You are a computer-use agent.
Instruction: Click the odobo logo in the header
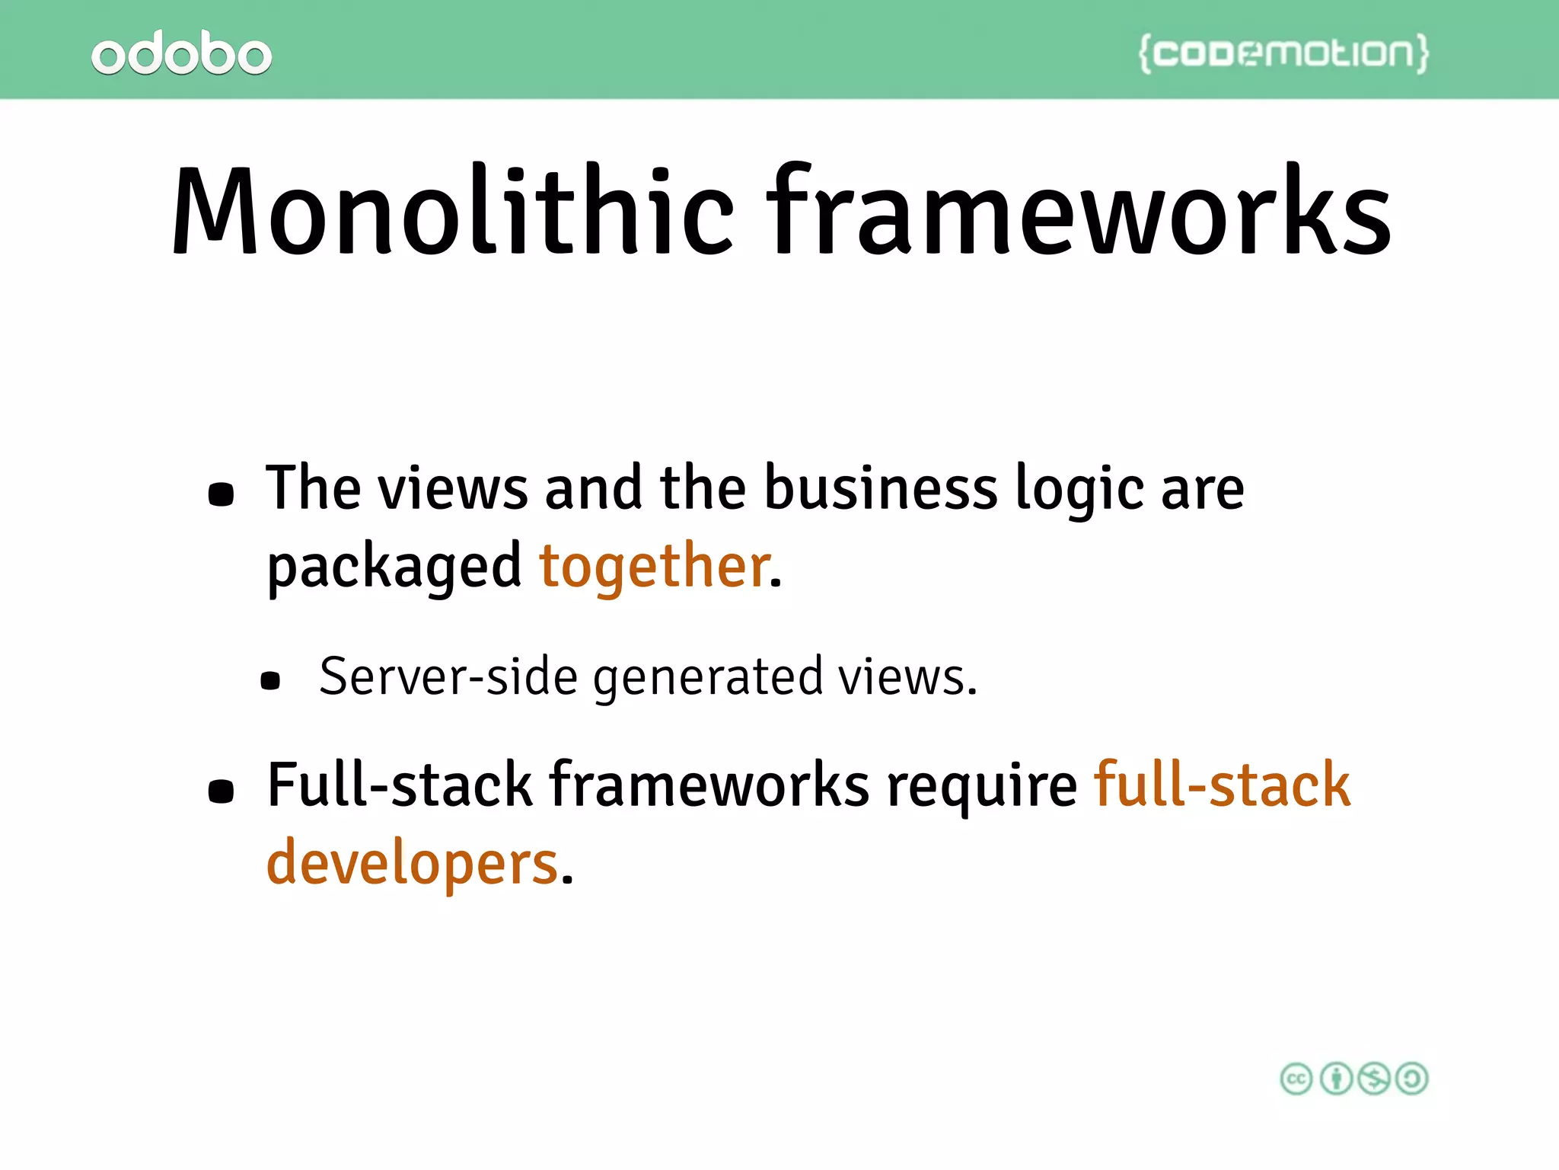pos(181,53)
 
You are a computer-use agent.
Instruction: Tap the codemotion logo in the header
pos(1283,53)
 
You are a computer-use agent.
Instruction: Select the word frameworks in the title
pos(1079,211)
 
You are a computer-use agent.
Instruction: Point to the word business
pos(880,488)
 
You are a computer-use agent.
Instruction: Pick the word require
pos(982,786)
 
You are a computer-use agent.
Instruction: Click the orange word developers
pos(413,865)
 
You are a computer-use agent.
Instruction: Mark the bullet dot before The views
pos(221,494)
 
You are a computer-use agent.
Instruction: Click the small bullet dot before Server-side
pos(270,680)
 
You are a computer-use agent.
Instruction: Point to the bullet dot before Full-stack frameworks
pos(221,791)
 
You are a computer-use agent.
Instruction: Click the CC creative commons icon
pos(1296,1079)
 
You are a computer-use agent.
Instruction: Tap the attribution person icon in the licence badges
pos(1335,1079)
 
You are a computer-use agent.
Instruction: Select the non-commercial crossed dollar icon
pos(1374,1079)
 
